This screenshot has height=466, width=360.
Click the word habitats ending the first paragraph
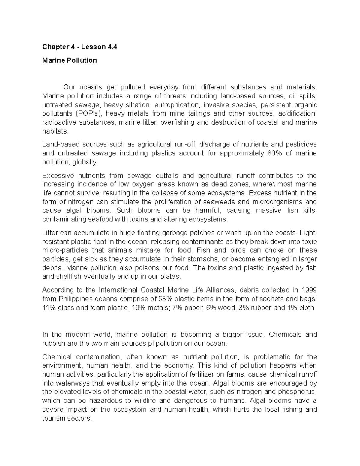point(55,131)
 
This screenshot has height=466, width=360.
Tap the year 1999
point(309,290)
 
